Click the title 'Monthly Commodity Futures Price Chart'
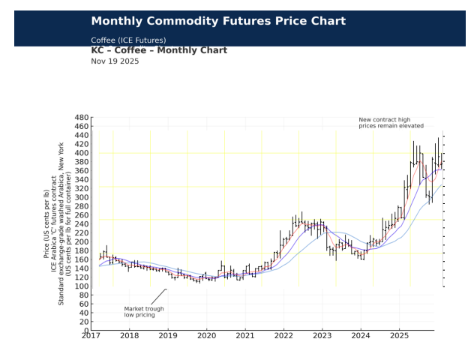218,21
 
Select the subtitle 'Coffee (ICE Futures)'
128,40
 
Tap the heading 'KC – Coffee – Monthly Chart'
159,50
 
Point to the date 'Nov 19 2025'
115,61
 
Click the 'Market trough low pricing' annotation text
139,311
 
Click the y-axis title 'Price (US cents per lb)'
46,224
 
